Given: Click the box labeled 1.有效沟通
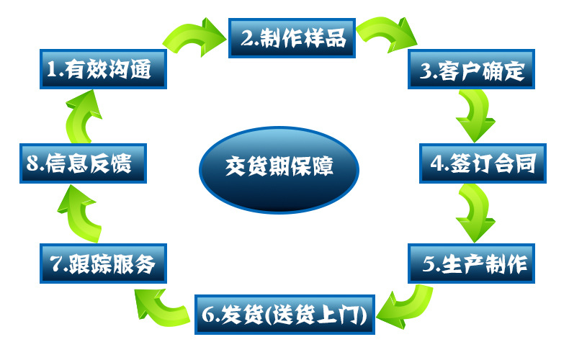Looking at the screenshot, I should [x=103, y=71].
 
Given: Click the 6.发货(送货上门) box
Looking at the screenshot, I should [x=285, y=315].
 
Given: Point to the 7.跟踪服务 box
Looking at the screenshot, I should [x=103, y=264].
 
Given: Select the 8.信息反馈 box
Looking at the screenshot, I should [x=83, y=163].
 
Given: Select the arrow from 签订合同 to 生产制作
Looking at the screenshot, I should [x=475, y=212].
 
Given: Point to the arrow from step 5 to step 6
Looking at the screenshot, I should [x=406, y=302].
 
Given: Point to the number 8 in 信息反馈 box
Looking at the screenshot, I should [x=32, y=164].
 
